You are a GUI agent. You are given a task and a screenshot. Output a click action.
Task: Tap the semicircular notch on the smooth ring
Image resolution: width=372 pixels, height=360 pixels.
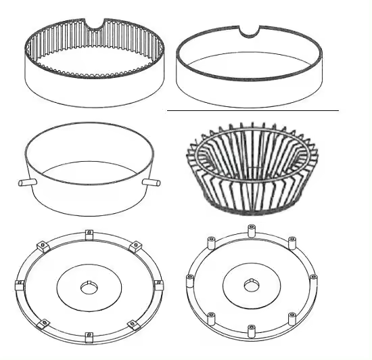251,30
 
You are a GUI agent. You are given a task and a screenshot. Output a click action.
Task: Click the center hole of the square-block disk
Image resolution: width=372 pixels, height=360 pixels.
89,289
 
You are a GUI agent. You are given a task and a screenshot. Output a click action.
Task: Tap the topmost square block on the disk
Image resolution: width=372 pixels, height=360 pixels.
89,235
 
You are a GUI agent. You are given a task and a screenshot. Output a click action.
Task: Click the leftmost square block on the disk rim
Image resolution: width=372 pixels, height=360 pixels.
20,282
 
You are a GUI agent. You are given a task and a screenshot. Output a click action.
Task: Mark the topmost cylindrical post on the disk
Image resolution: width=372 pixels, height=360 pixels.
252,231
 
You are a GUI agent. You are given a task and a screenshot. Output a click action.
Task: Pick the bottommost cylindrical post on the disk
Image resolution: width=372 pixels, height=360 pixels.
251,330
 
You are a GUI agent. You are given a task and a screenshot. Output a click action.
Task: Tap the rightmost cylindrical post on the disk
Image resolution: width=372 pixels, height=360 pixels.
313,278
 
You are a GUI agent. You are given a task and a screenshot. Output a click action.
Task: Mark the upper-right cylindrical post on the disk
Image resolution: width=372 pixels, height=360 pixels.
292,241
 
